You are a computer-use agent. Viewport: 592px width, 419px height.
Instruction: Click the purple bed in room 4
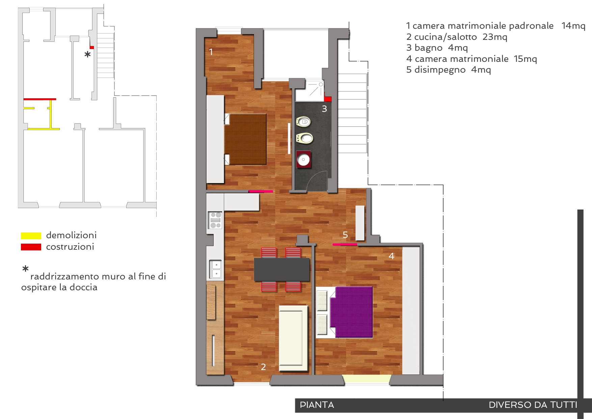point(351,312)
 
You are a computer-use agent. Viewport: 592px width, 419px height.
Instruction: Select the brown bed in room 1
point(245,139)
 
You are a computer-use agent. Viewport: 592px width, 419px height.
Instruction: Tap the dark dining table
point(282,269)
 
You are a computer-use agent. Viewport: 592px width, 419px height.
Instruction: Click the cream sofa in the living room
point(293,338)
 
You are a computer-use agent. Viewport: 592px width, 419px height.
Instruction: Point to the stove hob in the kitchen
point(215,220)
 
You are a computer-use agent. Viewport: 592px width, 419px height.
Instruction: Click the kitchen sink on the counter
point(215,269)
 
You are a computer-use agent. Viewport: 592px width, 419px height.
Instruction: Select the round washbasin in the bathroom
point(303,159)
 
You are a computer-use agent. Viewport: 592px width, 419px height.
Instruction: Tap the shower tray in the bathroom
point(310,91)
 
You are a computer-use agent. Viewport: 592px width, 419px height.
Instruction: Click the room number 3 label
point(324,109)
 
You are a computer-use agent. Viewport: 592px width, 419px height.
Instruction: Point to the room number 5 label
point(345,235)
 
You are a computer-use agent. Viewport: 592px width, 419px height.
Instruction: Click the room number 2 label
point(263,367)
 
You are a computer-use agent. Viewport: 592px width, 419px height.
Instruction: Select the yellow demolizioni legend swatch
point(31,236)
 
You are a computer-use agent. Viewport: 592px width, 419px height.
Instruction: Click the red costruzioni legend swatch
point(31,247)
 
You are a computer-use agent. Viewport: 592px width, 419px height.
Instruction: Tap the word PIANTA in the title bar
point(317,405)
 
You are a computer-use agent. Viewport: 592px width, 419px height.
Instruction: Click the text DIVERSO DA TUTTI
point(533,405)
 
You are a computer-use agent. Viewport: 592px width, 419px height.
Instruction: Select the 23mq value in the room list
point(495,37)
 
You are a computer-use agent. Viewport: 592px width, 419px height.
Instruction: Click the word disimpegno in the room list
point(440,70)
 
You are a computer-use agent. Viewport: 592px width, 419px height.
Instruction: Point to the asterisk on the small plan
point(87,54)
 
